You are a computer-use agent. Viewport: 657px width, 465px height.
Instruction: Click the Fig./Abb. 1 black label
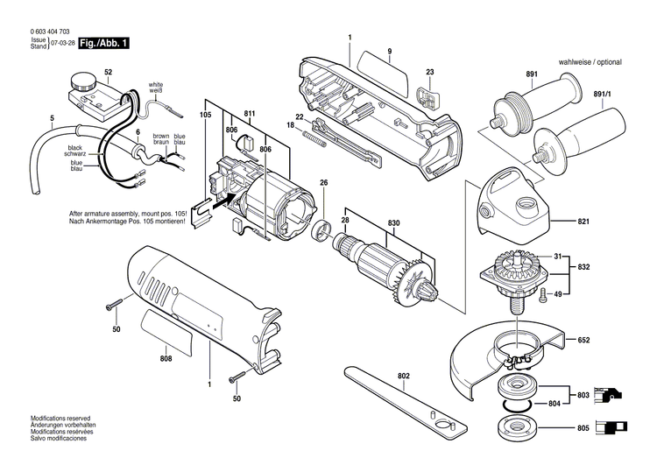103,42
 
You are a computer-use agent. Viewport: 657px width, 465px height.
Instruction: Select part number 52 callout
108,71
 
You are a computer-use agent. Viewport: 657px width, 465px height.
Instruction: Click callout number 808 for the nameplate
166,357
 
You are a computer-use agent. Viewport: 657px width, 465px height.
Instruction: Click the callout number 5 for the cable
52,117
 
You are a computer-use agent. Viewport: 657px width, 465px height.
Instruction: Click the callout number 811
250,115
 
